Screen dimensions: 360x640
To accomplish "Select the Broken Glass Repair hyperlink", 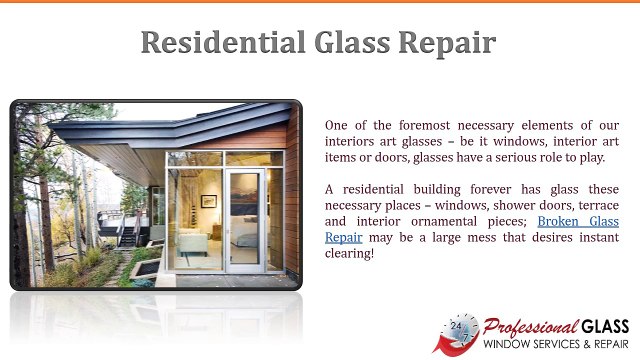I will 578,221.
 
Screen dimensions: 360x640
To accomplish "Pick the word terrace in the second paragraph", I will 594,205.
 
